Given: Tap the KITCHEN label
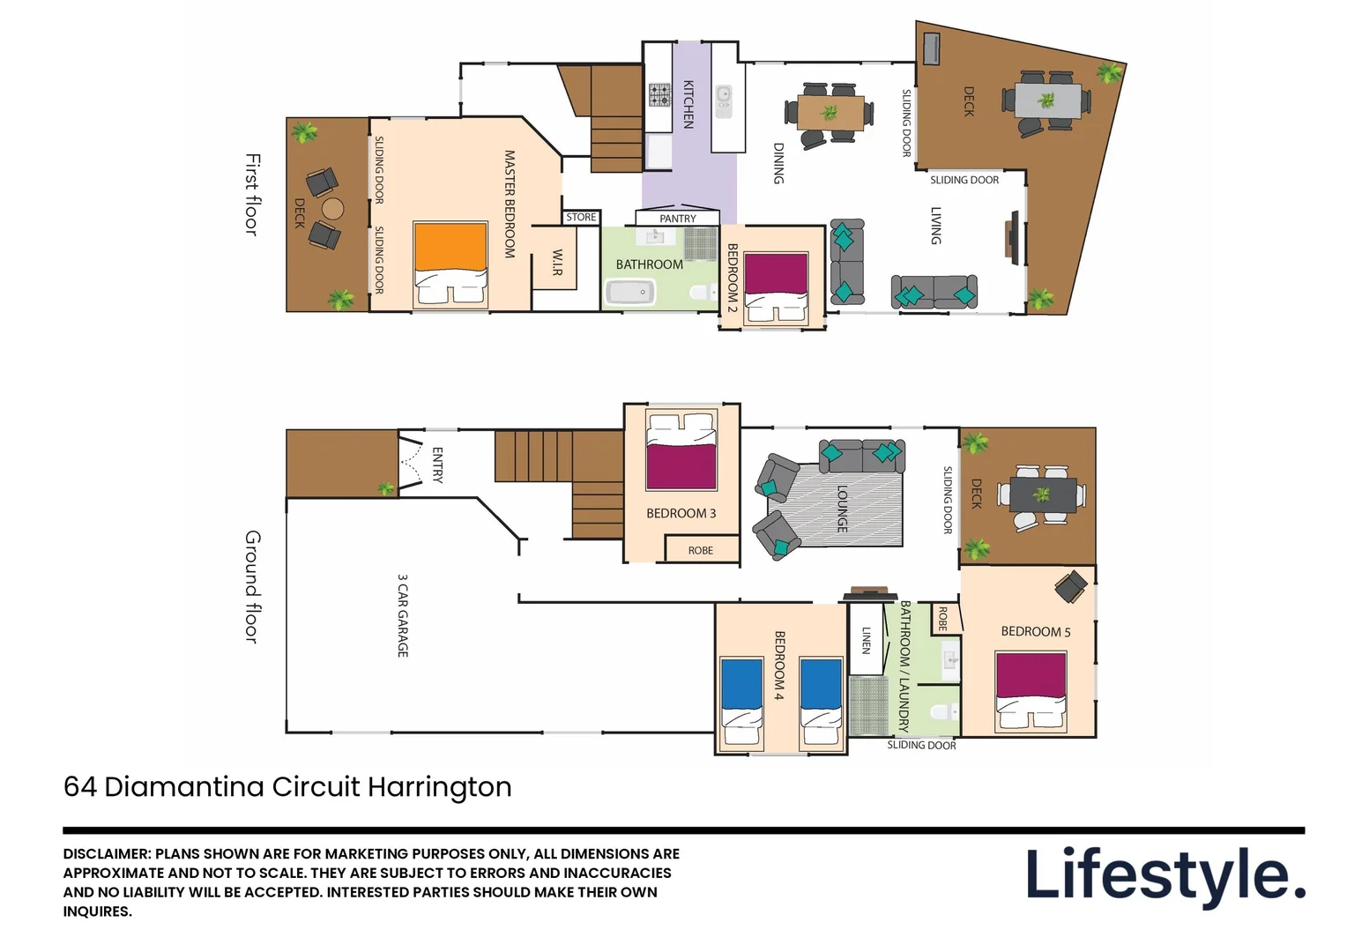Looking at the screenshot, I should tap(688, 104).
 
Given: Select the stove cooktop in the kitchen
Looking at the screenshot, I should tap(659, 95).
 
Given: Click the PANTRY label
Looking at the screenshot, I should tap(678, 219).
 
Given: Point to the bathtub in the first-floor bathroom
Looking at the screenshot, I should tap(630, 293).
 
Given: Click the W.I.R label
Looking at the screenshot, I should tap(556, 262).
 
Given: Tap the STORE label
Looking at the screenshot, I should tap(581, 217).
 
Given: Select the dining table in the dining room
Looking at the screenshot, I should tap(830, 113).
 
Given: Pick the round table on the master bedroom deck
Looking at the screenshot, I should tap(332, 209).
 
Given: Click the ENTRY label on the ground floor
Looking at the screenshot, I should tap(437, 465).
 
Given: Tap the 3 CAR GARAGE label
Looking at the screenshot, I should tap(403, 615).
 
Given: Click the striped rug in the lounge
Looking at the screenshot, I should tap(842, 509).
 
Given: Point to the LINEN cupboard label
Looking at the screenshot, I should tap(866, 640).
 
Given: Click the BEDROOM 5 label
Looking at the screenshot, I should tap(1035, 631).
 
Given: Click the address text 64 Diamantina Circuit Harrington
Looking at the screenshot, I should tap(287, 786).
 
